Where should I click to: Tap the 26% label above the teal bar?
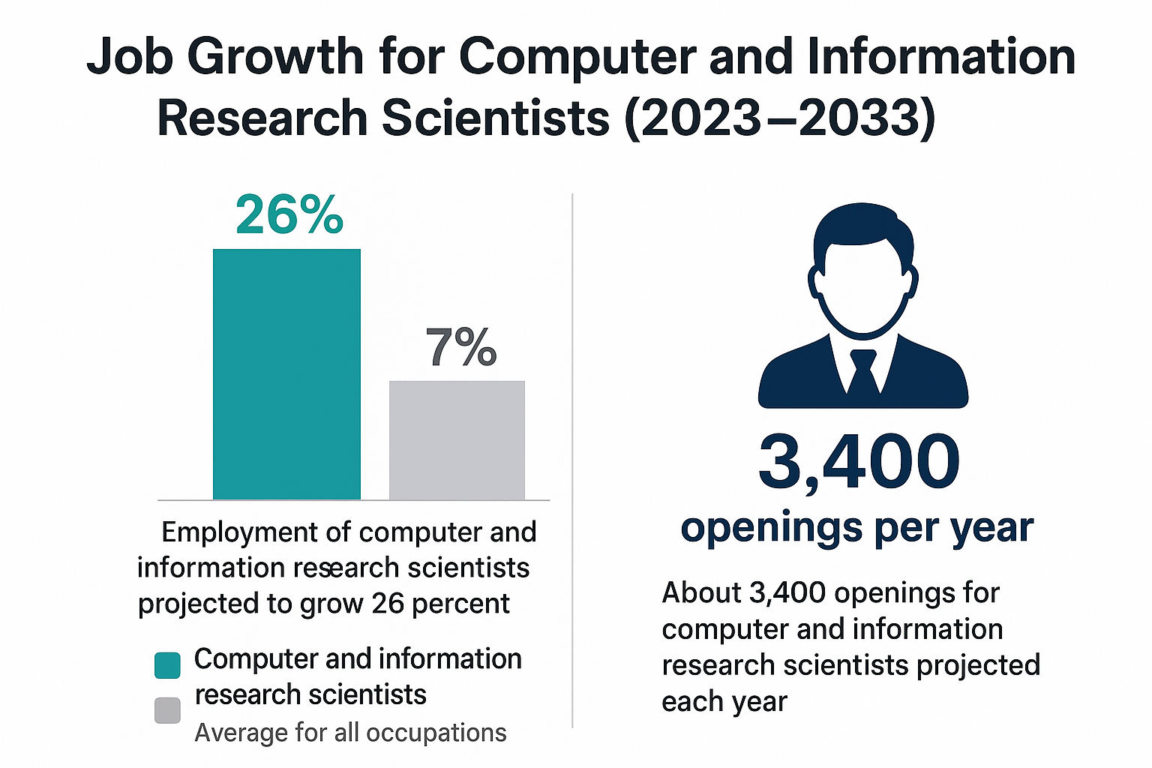pos(289,215)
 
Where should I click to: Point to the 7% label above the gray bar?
pos(461,347)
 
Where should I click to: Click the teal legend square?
pos(167,665)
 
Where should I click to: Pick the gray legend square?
pos(167,710)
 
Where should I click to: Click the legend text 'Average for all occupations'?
pos(350,733)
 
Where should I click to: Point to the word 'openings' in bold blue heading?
pos(772,529)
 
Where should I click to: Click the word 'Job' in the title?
pos(130,57)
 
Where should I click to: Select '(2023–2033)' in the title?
pos(780,118)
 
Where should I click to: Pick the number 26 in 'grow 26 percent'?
pos(388,604)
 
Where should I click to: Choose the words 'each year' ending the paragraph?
pos(724,702)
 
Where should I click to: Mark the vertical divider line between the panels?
pos(573,460)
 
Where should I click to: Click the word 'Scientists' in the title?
pos(496,118)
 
